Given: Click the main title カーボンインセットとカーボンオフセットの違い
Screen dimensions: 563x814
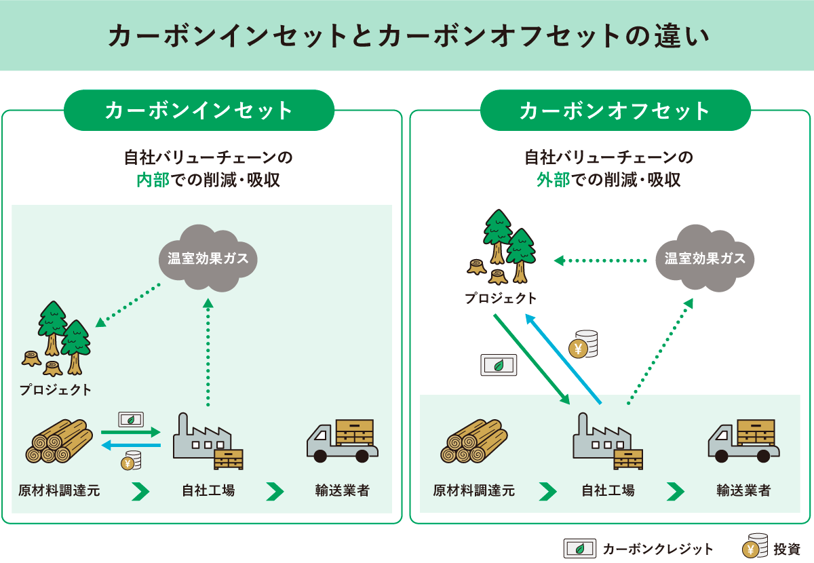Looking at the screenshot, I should click(x=408, y=36).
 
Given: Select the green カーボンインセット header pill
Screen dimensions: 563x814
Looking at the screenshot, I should click(x=199, y=111).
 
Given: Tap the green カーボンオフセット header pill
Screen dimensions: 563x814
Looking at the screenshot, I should click(x=615, y=111).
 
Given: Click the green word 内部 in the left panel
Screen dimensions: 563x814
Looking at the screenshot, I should click(x=153, y=180).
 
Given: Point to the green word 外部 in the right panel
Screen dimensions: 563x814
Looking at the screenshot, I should click(x=553, y=180).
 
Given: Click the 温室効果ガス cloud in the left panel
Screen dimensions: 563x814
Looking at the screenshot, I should click(x=208, y=258).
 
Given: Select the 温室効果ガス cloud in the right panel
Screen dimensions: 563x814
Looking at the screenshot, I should click(x=705, y=258).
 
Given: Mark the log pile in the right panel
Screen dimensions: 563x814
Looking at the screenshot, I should click(x=473, y=441).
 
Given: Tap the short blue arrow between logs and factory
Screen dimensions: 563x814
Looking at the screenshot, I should click(x=131, y=445).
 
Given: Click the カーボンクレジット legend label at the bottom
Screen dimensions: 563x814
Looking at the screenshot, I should click(x=657, y=549).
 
